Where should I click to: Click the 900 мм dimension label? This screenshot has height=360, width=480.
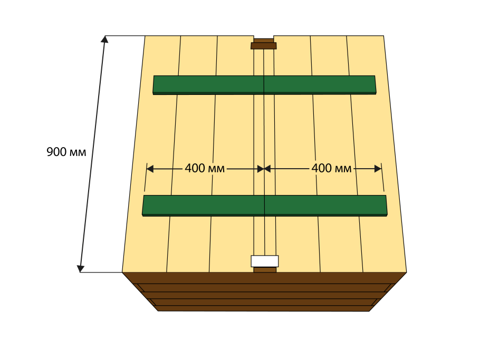pos(66,152)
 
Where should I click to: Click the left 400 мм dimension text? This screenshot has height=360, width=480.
pos(205,168)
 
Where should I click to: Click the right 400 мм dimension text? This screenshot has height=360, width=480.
pos(331,168)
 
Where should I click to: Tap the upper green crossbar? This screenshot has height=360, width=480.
pos(264,85)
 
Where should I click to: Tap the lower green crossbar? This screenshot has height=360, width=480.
pos(264,206)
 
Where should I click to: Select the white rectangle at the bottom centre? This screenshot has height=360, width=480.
pos(264,261)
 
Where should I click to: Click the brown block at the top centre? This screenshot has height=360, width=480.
pos(264,44)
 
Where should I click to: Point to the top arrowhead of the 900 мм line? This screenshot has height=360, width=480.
pos(104,39)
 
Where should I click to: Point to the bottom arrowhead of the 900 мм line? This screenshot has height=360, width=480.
pos(81,268)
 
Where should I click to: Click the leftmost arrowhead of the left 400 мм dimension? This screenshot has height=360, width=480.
pos(150,169)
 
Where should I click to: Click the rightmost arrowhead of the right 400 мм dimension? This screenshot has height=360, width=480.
pos(378,169)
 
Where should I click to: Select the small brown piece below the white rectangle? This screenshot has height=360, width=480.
pos(265,270)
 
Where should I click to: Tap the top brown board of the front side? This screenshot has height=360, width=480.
pos(264,278)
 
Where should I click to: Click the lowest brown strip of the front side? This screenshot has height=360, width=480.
pos(264,308)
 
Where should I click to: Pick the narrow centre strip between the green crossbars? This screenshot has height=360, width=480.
pos(264,144)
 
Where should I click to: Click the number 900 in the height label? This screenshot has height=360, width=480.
pos(56,152)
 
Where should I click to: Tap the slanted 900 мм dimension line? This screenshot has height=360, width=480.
pos(93,154)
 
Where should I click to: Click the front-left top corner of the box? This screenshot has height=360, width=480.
pos(122,272)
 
